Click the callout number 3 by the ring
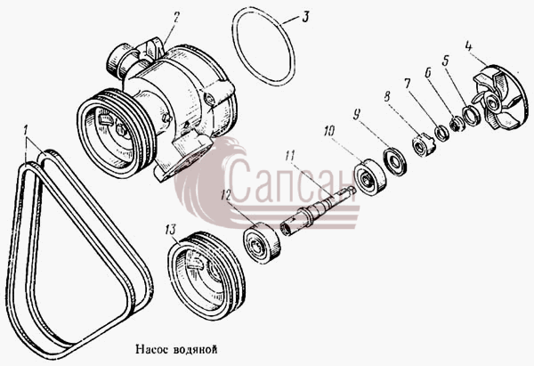tap(305, 17)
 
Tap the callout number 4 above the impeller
tap(469, 46)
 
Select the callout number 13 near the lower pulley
tap(170, 230)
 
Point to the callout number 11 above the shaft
tap(289, 156)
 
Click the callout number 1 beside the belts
tap(25, 131)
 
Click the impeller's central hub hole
tap(492, 101)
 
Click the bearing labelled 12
tap(262, 242)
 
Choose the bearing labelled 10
tap(370, 177)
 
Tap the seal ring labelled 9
tap(394, 161)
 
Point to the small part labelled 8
tap(423, 145)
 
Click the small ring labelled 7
tap(442, 134)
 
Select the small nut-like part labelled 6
tap(457, 124)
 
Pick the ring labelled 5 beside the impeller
tap(472, 116)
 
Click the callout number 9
tap(356, 115)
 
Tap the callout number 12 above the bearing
tap(225, 195)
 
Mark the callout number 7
tap(408, 83)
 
